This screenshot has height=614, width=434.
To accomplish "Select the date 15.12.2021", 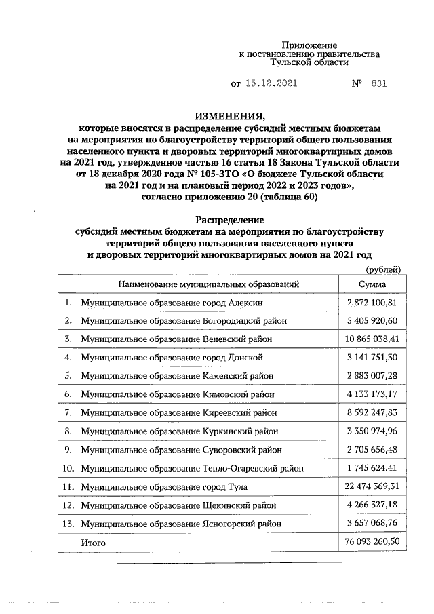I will (270, 84).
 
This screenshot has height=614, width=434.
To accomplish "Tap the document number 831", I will (380, 84).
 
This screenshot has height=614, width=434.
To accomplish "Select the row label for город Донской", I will (172, 357).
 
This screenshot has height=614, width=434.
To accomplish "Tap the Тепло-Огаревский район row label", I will (192, 468).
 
